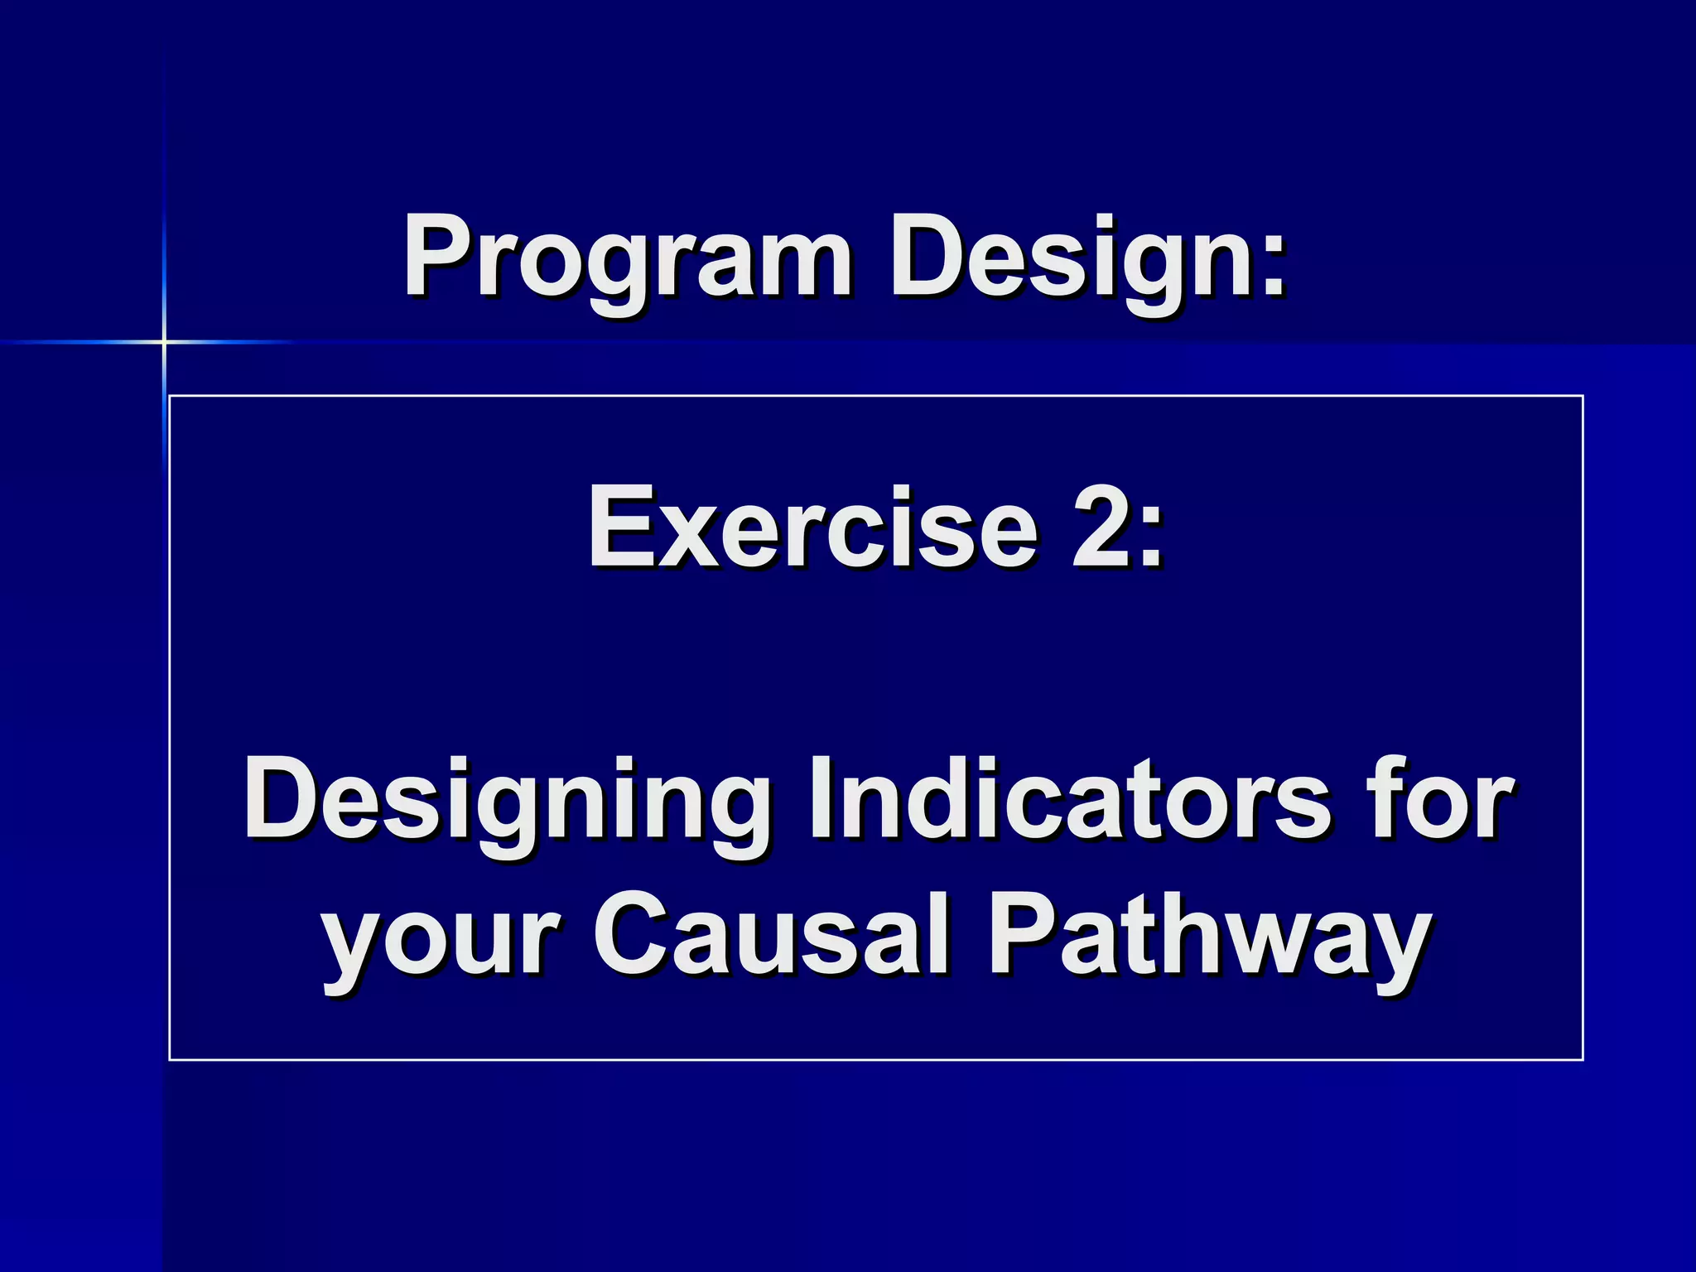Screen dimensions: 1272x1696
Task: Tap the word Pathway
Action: click(1209, 936)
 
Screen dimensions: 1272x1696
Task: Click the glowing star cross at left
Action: click(164, 341)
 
